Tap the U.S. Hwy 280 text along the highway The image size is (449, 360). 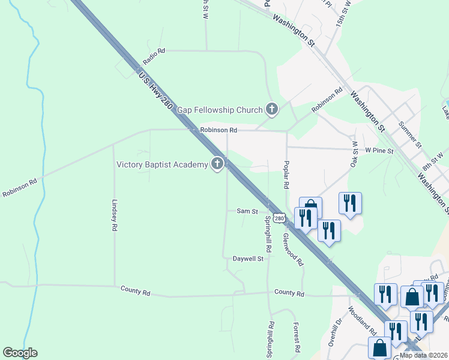pos(155,92)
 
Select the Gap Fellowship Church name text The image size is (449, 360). pos(220,110)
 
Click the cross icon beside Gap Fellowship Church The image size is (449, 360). pos(272,109)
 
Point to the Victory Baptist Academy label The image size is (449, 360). pos(162,164)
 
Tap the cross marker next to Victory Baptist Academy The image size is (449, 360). pos(217,164)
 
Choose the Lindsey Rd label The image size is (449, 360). pos(113,215)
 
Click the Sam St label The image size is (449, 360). pos(247,211)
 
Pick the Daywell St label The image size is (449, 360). pos(248,259)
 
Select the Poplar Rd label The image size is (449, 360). pos(286,175)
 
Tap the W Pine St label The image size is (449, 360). pos(379,151)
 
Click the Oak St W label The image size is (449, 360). pos(354,155)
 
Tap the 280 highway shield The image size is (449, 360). pos(279,218)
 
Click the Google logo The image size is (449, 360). pos(20,353)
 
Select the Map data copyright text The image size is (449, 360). pos(424,355)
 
